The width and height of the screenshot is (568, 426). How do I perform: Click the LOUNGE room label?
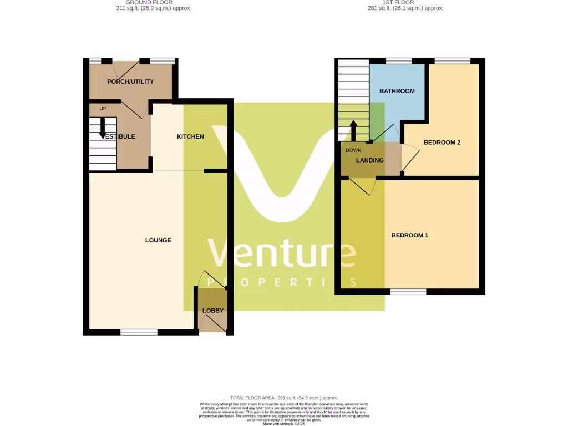[x=158, y=240]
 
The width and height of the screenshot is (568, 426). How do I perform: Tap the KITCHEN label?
[x=190, y=136]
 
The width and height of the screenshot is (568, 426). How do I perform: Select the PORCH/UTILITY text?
[x=130, y=82]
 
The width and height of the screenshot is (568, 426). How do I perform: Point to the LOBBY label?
[x=213, y=311]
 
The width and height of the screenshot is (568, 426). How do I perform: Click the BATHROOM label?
[x=397, y=91]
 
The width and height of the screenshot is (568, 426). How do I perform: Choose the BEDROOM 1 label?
[x=410, y=235]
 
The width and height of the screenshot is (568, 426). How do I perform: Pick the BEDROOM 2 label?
[x=442, y=143]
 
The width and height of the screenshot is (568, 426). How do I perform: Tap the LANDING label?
[x=370, y=160]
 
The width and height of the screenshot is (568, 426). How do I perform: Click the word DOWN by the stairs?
[x=353, y=150]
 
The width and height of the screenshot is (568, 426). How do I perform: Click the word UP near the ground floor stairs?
[x=103, y=108]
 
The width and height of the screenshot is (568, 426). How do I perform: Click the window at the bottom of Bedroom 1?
[x=408, y=291]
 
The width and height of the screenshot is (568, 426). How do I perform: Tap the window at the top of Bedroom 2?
[x=452, y=61]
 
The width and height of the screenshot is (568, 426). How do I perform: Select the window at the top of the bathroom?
[x=399, y=61]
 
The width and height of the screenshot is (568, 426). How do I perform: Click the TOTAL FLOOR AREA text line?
[x=284, y=398]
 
